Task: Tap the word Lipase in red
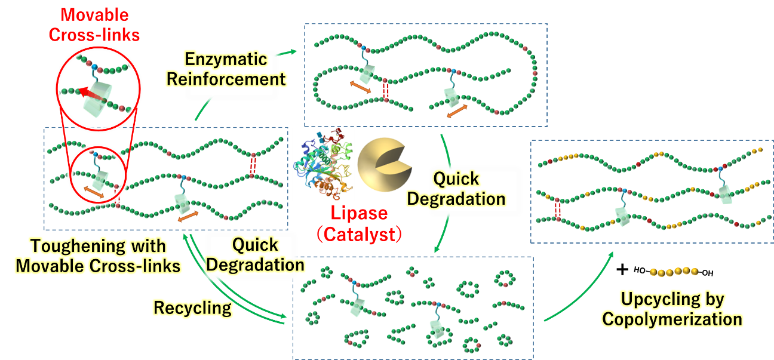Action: [360, 213]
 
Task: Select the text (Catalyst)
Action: [361, 233]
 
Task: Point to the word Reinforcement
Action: [226, 78]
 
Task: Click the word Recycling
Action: [192, 308]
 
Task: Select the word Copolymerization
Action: [672, 319]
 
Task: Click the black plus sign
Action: [622, 270]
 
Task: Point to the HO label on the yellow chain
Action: [640, 270]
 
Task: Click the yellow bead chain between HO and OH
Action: [674, 272]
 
